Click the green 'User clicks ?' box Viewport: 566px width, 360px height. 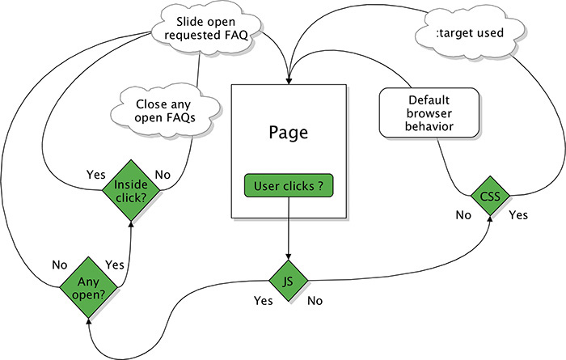[289, 187]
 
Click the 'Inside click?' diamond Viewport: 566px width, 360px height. [132, 190]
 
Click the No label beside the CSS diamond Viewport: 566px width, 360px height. [464, 215]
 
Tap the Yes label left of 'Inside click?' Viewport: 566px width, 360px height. [95, 172]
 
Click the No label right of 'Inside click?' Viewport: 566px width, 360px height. [163, 172]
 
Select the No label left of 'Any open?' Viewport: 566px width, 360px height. [57, 264]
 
